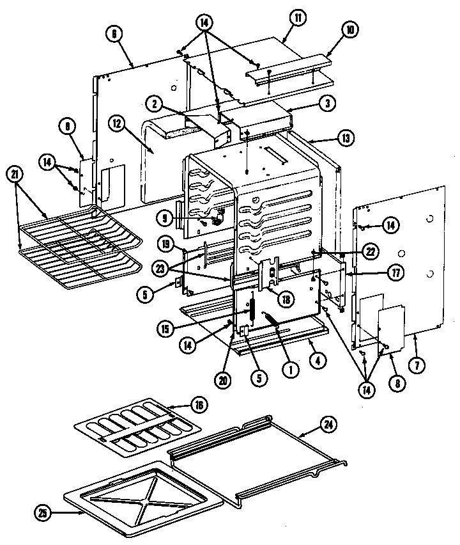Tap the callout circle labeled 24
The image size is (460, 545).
(x=326, y=423)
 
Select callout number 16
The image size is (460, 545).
(x=199, y=404)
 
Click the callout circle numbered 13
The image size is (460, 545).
(x=344, y=138)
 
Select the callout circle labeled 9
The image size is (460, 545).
(x=165, y=218)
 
